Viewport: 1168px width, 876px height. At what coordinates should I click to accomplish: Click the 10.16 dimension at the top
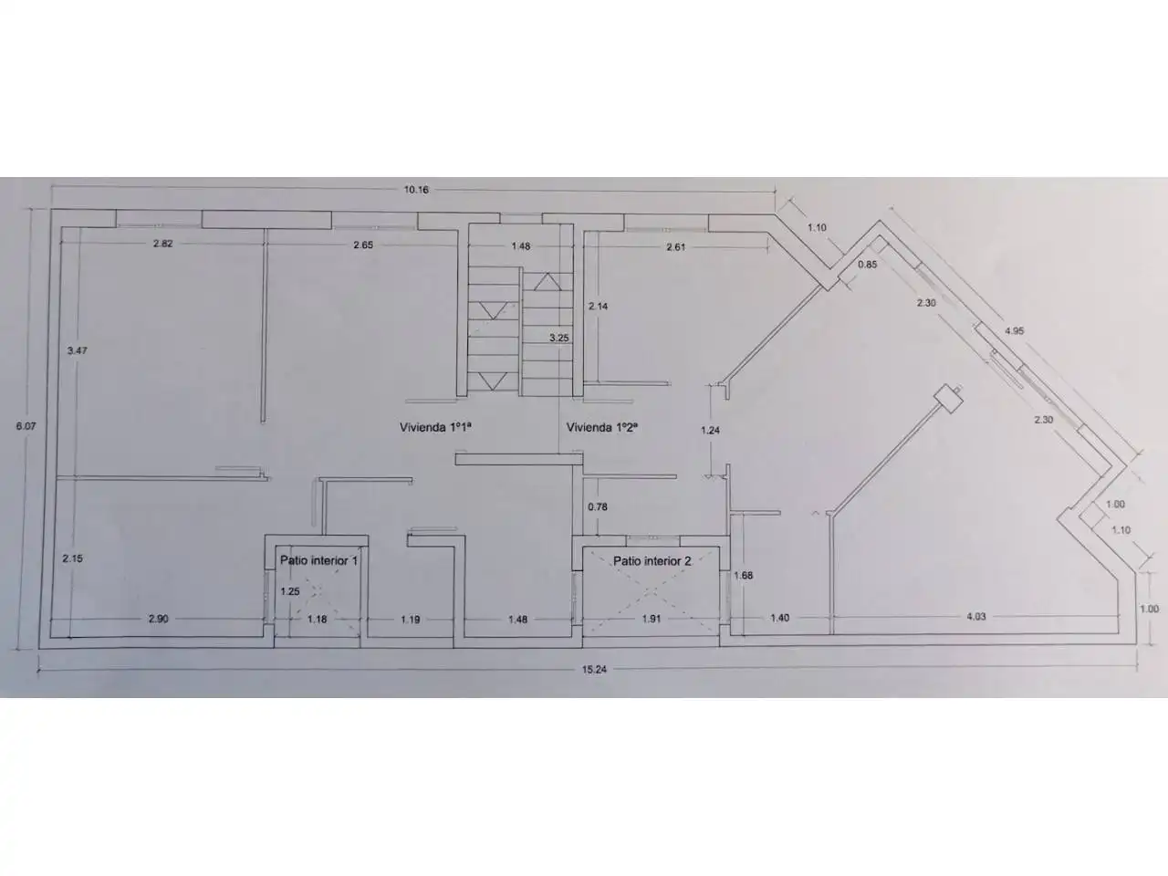click(416, 190)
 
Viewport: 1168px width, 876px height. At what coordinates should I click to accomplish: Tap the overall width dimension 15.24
click(594, 669)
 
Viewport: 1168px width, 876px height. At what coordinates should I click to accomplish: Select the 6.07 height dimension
click(26, 426)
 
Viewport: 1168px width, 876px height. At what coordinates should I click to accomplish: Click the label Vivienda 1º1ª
click(436, 427)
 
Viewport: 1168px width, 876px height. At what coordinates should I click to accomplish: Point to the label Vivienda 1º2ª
click(602, 427)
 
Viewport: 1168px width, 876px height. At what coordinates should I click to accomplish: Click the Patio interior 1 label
click(318, 560)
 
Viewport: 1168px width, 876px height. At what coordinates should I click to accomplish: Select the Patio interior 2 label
click(652, 560)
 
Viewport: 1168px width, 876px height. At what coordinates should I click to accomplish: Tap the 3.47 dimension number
click(78, 350)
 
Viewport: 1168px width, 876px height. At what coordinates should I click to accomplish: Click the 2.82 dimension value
click(162, 244)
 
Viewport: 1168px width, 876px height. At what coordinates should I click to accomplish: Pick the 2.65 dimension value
click(363, 245)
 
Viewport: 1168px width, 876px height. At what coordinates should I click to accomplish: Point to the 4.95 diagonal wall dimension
click(1014, 331)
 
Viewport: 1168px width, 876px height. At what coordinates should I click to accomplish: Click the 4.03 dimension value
click(975, 617)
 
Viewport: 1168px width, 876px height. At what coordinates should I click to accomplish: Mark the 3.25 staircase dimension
click(558, 338)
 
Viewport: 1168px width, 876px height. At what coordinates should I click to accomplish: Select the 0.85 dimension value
click(868, 264)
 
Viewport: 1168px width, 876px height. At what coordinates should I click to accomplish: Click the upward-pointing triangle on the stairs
click(547, 282)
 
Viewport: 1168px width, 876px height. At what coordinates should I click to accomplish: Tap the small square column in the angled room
click(949, 399)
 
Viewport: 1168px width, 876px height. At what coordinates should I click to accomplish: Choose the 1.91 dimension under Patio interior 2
click(652, 619)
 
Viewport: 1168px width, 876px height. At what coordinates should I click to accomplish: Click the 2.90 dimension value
click(158, 619)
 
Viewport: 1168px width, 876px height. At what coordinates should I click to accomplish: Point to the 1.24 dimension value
click(710, 431)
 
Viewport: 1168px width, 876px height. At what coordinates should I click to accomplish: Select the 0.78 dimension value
click(598, 506)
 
